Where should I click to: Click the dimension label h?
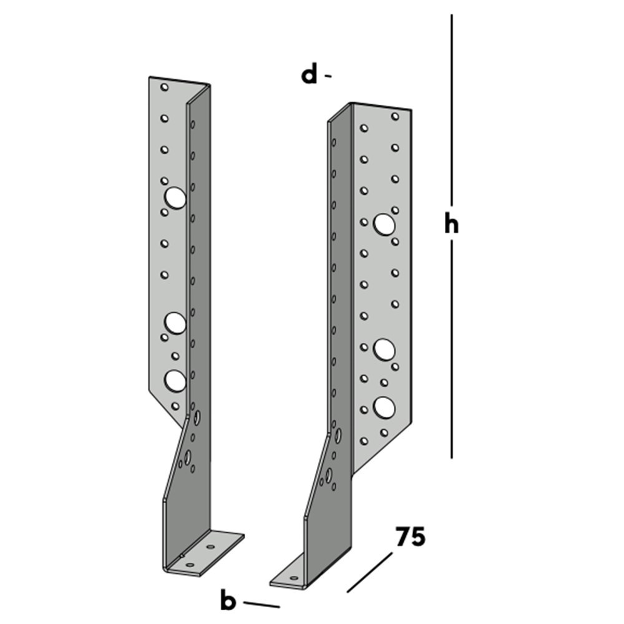coord(452,224)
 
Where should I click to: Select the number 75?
coord(410,537)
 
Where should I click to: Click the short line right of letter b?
coord(261,604)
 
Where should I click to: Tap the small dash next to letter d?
coord(328,76)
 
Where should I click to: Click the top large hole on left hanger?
coord(175,198)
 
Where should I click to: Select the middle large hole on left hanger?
coord(175,323)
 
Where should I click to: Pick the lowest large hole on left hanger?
coord(175,380)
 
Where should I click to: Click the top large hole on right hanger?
coord(384,223)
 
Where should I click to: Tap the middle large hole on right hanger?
coord(384,349)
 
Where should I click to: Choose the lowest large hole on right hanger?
coord(384,407)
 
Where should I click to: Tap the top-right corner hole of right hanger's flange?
coord(395,116)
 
